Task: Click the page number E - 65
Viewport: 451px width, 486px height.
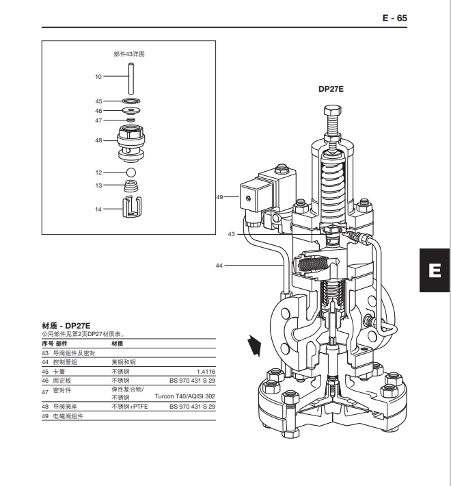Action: tap(394, 18)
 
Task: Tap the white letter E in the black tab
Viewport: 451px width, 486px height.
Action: tap(433, 270)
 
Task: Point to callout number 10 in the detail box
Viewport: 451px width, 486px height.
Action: tap(98, 77)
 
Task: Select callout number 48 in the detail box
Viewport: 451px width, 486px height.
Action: tap(98, 140)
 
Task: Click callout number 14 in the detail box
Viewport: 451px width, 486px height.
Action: tap(98, 209)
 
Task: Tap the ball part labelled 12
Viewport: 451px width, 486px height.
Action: tap(131, 172)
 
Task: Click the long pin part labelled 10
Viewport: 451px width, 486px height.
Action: tap(130, 77)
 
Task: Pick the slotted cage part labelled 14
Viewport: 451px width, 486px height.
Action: tap(131, 206)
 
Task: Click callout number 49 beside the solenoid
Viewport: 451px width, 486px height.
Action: tap(219, 197)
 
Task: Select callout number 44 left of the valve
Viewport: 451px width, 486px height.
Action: tap(219, 265)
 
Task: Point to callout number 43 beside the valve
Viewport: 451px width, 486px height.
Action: tap(232, 234)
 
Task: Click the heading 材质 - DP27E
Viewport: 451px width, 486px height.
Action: tap(67, 325)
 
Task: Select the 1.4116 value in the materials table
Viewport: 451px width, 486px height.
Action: tap(206, 370)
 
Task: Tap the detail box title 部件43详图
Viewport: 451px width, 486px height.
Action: tap(130, 53)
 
